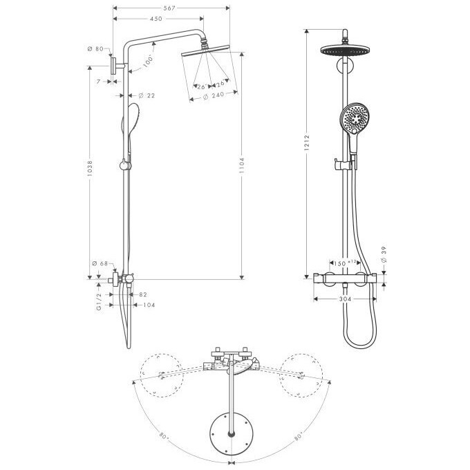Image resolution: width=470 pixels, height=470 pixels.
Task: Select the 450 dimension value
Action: pyautogui.click(x=156, y=19)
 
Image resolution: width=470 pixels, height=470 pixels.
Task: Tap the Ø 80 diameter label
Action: pyautogui.click(x=95, y=50)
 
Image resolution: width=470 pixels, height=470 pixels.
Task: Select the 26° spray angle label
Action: pyautogui.click(x=200, y=87)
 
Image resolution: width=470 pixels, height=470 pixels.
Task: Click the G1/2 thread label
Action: pyautogui.click(x=100, y=303)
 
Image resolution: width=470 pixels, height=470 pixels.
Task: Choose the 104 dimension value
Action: pyautogui.click(x=149, y=304)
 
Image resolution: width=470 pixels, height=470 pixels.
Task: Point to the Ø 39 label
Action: pyautogui.click(x=384, y=256)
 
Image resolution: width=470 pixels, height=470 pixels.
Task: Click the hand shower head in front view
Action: pyautogui.click(x=352, y=119)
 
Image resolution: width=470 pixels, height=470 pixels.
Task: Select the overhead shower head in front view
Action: pyautogui.click(x=344, y=50)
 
